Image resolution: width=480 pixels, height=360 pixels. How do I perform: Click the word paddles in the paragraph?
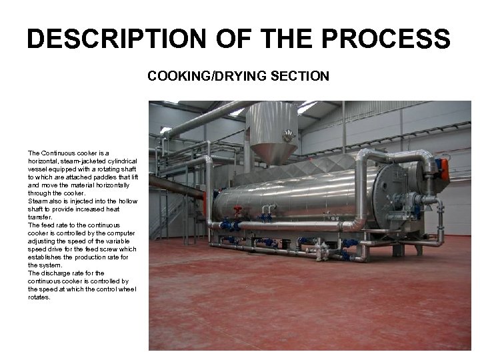coord(101,177)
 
